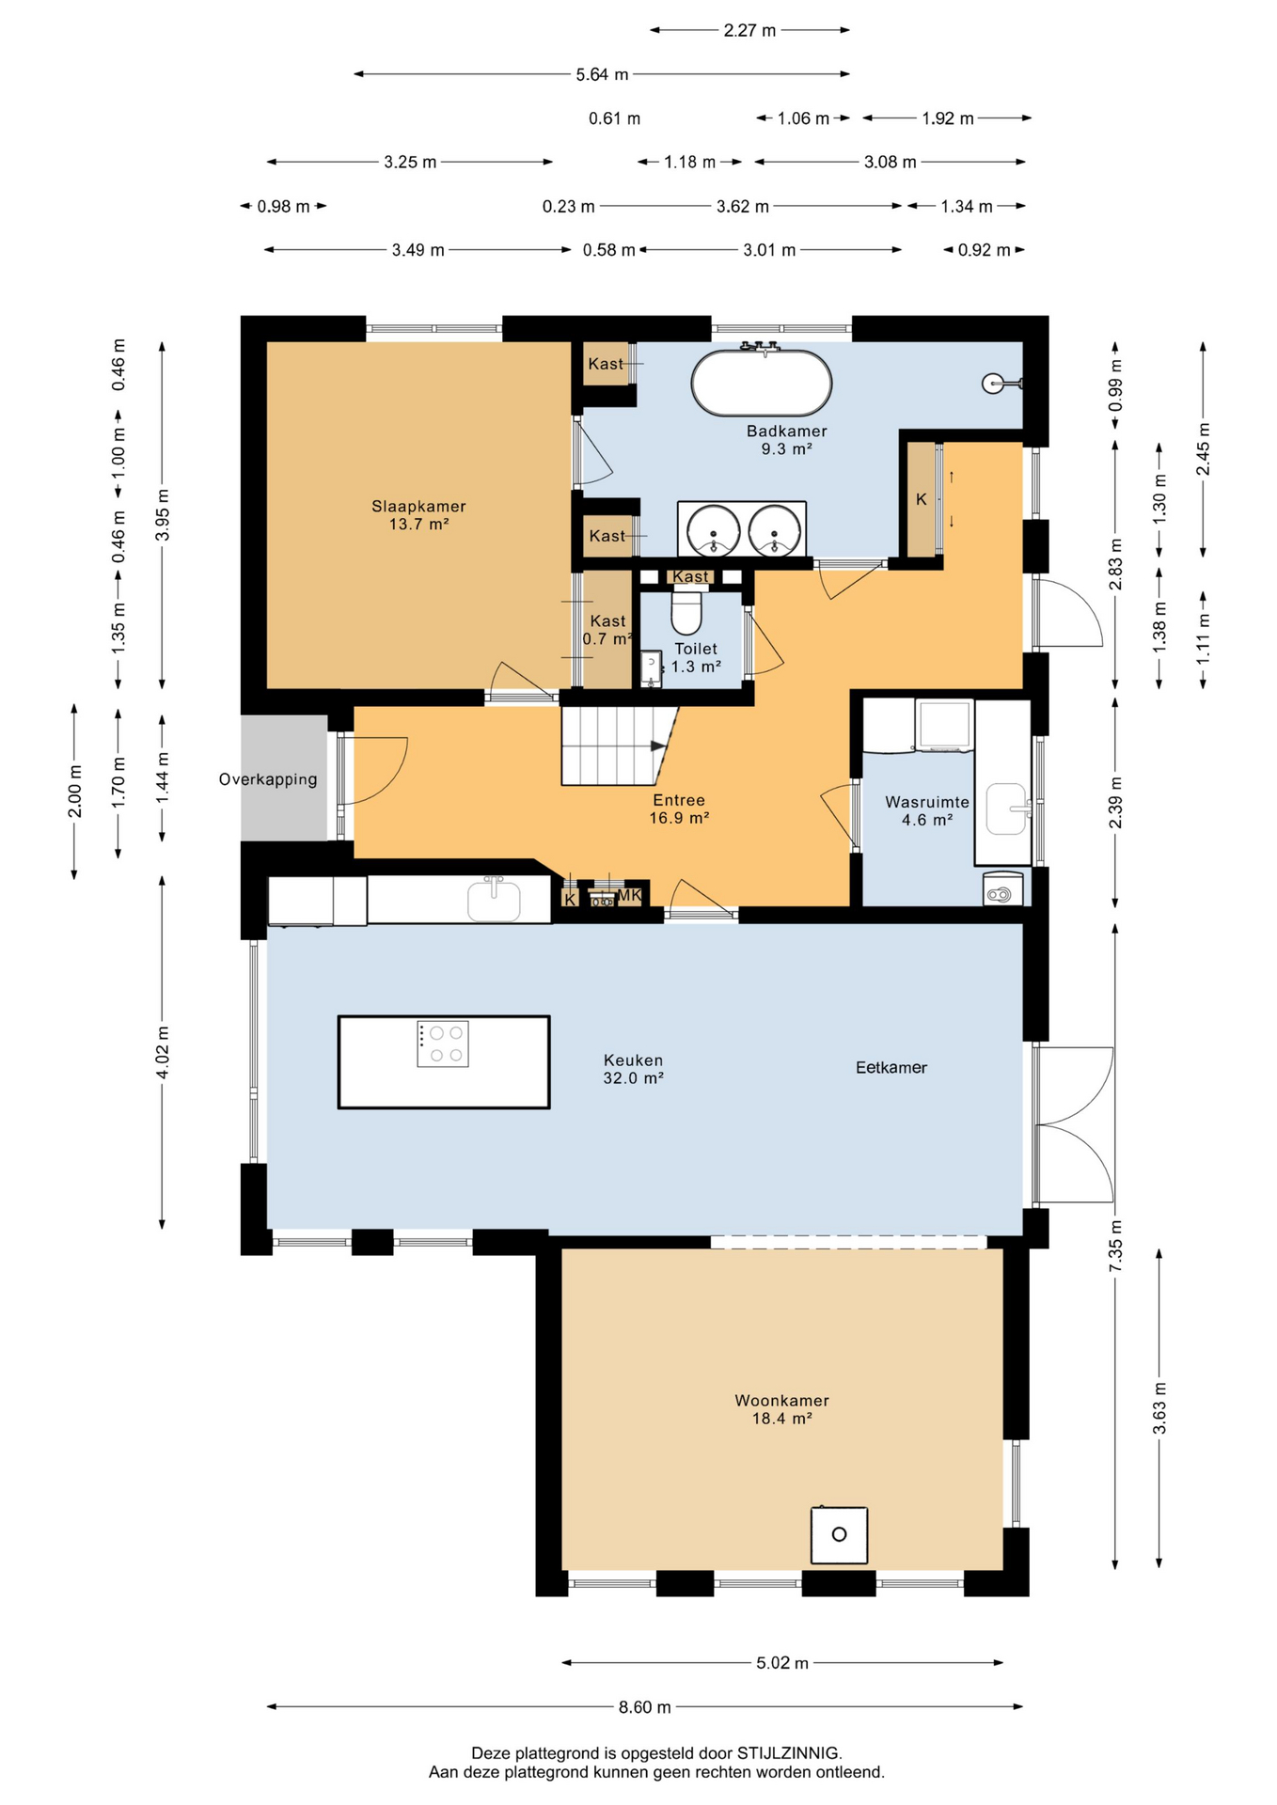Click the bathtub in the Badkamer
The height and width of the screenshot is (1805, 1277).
[x=762, y=382]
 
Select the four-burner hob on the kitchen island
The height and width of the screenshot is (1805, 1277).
[x=443, y=1044]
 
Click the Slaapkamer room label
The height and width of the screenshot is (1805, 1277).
[x=418, y=506]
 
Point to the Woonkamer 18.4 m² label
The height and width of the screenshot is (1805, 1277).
[x=781, y=1409]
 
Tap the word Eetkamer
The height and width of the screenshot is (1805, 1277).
[x=891, y=1067]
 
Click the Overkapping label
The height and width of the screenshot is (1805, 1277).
[x=268, y=778]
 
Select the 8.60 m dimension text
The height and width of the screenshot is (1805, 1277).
[x=645, y=1706]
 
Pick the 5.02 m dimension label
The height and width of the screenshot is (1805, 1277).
[x=782, y=1662]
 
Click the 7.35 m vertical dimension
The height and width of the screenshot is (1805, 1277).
[x=1115, y=1247]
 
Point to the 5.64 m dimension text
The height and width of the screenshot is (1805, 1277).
[x=602, y=74]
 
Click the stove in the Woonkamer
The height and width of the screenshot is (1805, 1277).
[x=839, y=1534]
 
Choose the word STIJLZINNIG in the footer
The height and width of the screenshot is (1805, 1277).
[x=788, y=1752]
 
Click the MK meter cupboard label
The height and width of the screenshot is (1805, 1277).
[x=629, y=895]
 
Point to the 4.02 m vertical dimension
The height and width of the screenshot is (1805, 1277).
[x=162, y=1053]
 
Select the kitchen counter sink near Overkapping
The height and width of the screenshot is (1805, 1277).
[x=494, y=899]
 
